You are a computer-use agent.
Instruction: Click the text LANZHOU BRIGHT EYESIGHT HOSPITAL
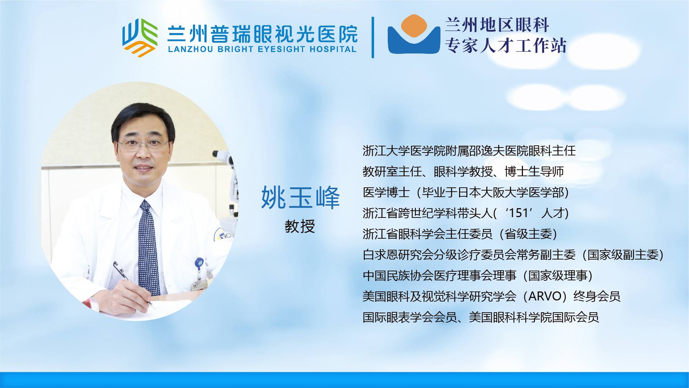coord(262,49)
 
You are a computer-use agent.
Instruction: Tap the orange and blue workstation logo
coord(414,34)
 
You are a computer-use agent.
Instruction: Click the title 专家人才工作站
coord(506,46)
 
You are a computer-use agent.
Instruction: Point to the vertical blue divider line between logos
coord(373,37)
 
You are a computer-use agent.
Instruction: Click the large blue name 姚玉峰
coord(300,198)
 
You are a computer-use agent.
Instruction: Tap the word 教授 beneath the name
coord(300,226)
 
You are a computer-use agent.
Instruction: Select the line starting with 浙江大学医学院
coord(469,150)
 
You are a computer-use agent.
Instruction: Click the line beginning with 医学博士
coord(466,192)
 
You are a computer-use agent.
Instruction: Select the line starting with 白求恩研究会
coord(513,255)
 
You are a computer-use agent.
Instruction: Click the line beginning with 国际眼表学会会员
coord(481,317)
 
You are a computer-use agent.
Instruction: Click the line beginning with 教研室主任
coord(463,172)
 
